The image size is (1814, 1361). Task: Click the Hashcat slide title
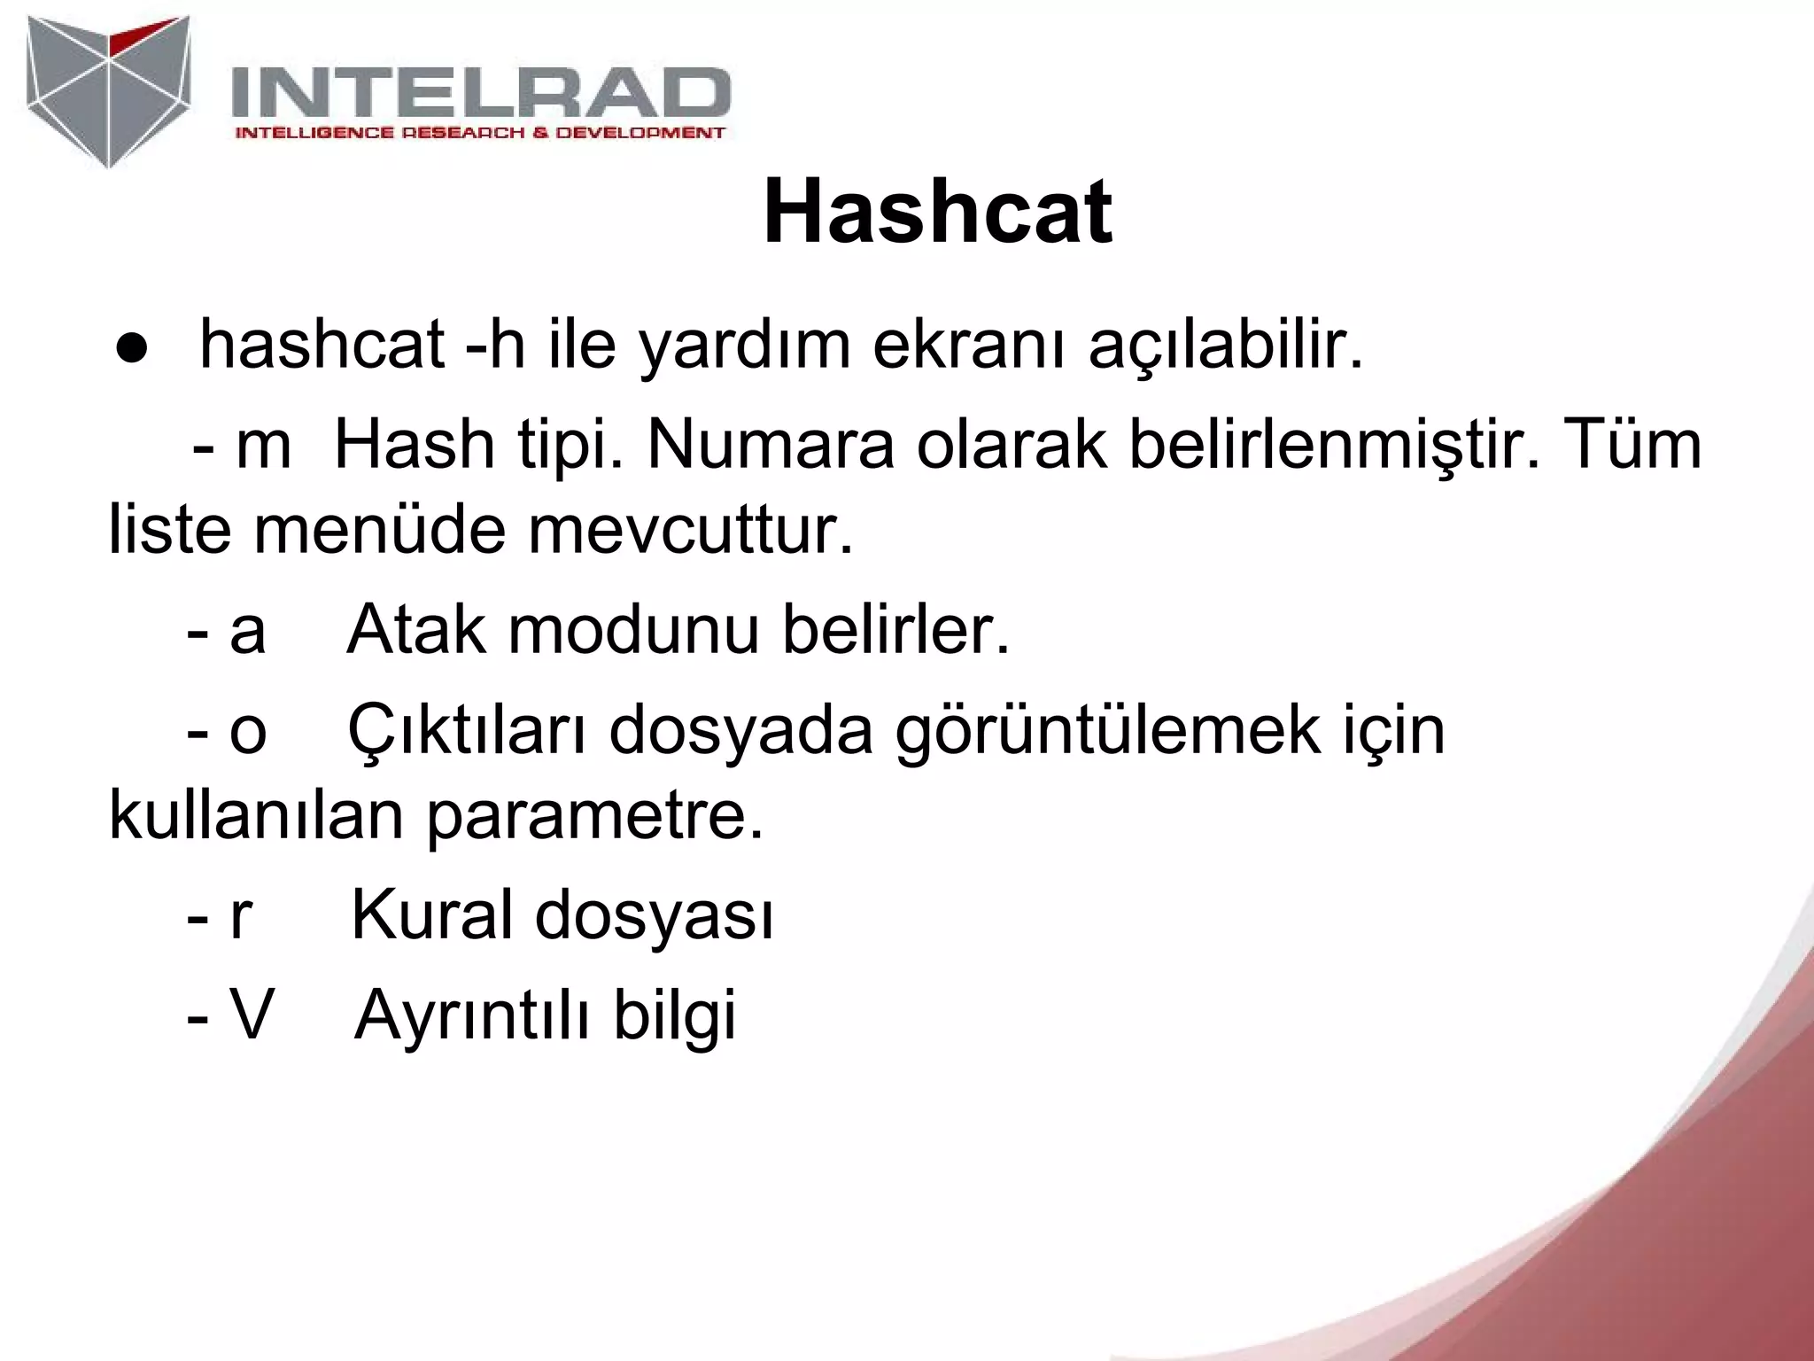[x=937, y=213]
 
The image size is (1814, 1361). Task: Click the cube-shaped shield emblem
[x=108, y=90]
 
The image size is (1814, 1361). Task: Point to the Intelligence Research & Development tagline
[x=479, y=133]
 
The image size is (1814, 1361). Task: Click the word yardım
[x=745, y=346]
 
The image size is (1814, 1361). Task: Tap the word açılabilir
[x=1225, y=346]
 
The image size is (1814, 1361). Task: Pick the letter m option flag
[x=263, y=446]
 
